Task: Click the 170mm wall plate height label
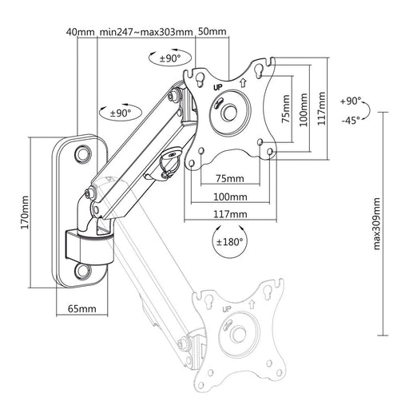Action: [x=25, y=212]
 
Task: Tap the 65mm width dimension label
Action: [x=82, y=308]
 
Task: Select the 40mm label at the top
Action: [x=81, y=32]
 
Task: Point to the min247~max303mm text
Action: [x=146, y=32]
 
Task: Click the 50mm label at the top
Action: [x=212, y=31]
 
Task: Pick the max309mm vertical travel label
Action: [x=377, y=224]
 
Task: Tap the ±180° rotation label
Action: [x=229, y=242]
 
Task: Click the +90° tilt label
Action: [x=351, y=101]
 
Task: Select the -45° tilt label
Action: [x=351, y=120]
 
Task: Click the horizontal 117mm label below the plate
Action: [x=230, y=214]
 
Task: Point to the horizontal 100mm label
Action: [x=230, y=197]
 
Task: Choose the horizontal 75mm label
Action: [x=230, y=178]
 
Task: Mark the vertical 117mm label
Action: [x=322, y=109]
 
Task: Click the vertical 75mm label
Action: [x=286, y=109]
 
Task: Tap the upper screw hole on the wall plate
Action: [x=83, y=153]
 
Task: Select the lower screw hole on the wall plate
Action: [x=83, y=271]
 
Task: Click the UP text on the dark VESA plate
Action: [x=218, y=87]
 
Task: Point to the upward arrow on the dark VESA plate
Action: [x=243, y=82]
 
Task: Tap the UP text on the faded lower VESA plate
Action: [x=227, y=309]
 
